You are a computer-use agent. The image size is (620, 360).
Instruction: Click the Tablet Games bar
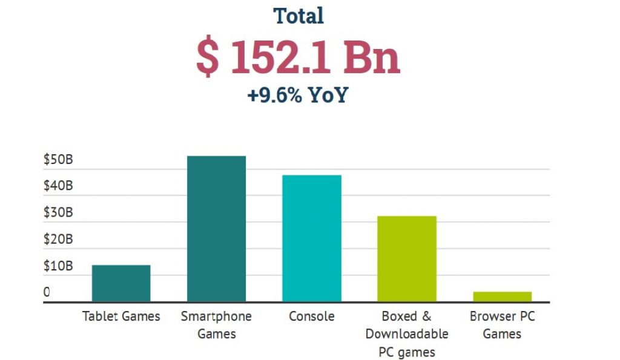121,283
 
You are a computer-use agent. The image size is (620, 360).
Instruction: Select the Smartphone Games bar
216,229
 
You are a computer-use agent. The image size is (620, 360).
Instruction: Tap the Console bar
312,238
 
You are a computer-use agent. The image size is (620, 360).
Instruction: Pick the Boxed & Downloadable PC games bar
407,259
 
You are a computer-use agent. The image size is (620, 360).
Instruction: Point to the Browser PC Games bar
503,296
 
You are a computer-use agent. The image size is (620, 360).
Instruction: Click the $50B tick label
58,160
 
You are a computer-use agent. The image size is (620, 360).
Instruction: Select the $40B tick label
58,186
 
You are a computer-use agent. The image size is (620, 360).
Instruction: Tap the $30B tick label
58,213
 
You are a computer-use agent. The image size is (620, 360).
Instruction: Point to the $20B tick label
58,240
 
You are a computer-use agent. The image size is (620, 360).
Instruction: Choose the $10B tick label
58,266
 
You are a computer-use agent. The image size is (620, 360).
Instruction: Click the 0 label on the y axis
47,293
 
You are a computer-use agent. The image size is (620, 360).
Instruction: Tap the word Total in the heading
298,16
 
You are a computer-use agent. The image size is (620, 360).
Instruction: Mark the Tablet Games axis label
121,316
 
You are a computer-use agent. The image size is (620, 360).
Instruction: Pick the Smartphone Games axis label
216,325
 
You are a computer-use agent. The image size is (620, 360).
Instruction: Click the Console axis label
312,316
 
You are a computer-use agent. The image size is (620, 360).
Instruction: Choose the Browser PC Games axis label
503,325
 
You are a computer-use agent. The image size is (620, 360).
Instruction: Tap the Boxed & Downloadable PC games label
407,333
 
